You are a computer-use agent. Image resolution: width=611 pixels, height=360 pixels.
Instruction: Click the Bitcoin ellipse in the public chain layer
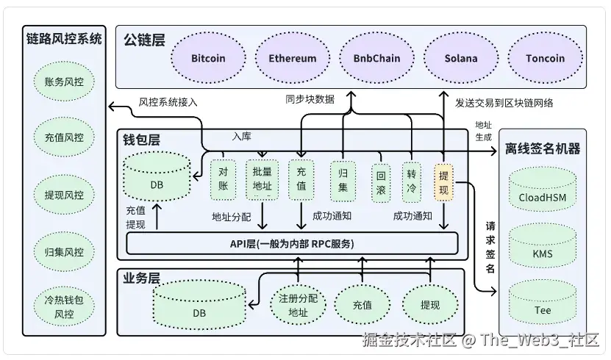point(209,58)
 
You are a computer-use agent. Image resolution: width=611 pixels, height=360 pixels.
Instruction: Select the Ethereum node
point(293,58)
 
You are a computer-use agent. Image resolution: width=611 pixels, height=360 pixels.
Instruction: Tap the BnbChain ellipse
point(376,58)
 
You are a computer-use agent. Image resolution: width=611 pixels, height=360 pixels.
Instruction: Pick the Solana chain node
point(461,58)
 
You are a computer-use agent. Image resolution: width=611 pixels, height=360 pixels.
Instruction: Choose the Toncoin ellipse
point(545,58)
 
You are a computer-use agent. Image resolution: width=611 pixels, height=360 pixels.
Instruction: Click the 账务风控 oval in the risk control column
point(64,82)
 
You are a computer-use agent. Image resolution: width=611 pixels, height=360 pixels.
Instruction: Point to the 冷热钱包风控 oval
point(64,306)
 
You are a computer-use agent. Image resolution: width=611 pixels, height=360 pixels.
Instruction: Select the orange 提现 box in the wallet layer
point(444,182)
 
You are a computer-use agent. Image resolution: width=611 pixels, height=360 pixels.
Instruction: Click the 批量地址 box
point(262,179)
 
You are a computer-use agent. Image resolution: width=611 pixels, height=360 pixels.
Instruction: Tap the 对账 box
point(223,179)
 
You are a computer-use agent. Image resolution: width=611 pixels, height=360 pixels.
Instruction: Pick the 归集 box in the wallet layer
point(343,181)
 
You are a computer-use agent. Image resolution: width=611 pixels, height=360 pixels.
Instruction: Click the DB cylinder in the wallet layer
point(157,176)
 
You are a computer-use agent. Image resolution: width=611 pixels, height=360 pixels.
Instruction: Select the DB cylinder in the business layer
point(199,305)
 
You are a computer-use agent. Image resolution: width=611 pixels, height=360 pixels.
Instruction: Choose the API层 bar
point(292,244)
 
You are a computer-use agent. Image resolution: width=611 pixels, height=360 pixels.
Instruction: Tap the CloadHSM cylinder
point(543,190)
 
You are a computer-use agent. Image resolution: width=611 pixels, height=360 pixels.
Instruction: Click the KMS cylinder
point(543,246)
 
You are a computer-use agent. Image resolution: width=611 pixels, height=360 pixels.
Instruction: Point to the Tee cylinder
point(543,303)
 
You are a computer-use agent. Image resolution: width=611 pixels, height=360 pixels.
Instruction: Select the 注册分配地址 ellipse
point(298,305)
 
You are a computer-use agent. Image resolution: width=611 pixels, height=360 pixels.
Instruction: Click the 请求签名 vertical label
point(490,247)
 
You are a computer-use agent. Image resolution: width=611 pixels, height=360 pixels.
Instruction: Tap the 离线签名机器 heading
point(543,148)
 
